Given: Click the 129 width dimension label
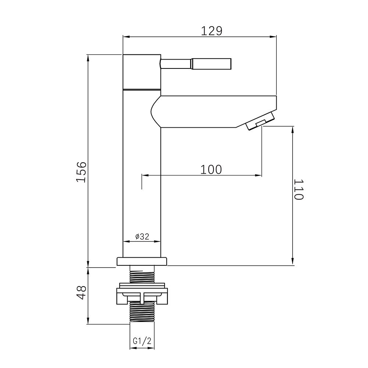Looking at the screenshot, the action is (212, 31).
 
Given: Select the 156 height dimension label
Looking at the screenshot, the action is (82, 172).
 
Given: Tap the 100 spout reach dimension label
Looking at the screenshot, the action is (211, 169).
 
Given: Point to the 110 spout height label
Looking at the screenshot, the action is (299, 189).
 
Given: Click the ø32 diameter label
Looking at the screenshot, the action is (142, 236).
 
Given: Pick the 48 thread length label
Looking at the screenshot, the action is (82, 293).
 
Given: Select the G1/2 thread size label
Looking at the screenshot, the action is (142, 341).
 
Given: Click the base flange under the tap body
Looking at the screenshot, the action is (142, 261).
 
